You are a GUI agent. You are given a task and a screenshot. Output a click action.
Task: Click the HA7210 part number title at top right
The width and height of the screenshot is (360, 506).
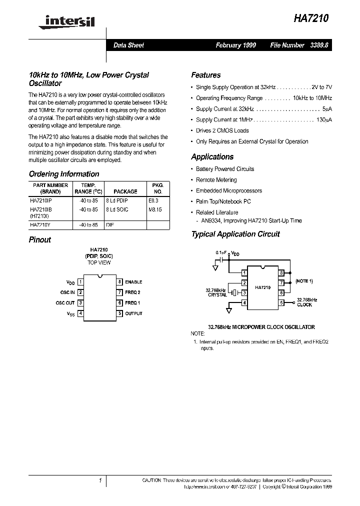[311, 18]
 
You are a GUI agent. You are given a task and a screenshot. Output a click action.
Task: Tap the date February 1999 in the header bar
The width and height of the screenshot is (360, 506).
[235, 45]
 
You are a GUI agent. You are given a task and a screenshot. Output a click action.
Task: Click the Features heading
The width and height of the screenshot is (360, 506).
[205, 75]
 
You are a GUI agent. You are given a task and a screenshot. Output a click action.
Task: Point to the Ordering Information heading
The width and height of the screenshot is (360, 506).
[64, 174]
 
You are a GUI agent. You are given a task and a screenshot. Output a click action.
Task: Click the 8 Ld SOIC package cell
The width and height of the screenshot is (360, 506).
[117, 209]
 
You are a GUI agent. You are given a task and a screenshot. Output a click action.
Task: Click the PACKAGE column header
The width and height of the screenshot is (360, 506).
[125, 191]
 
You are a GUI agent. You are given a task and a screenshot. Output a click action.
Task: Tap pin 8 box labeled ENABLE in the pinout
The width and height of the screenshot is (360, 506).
[120, 282]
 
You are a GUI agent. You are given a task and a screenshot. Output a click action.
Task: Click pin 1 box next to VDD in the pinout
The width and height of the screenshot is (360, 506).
[80, 282]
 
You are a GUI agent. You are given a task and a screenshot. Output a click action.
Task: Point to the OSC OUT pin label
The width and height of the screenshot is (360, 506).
[65, 303]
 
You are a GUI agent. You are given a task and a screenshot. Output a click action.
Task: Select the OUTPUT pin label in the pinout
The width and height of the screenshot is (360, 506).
[133, 313]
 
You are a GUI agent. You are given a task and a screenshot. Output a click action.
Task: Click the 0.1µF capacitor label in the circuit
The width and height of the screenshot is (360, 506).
[221, 253]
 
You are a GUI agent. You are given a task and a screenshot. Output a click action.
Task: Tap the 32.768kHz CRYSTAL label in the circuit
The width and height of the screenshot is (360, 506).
[216, 292]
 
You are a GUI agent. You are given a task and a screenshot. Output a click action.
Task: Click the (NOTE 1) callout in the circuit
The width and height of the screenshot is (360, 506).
[304, 281]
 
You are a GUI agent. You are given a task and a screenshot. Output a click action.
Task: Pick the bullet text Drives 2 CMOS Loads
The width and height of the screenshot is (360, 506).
[222, 130]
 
